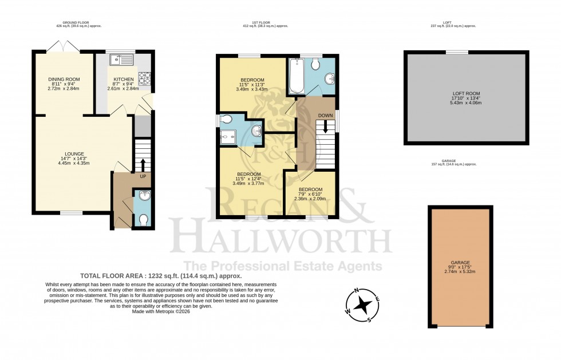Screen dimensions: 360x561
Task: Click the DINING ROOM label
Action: tap(64, 79)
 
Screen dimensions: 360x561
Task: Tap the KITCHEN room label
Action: tap(124, 79)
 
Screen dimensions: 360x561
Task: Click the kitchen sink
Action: tap(123, 58)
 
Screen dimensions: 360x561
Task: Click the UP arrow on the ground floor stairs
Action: tap(143, 165)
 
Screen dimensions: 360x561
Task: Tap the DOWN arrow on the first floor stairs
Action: tap(326, 125)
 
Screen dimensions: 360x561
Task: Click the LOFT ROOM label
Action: tap(465, 93)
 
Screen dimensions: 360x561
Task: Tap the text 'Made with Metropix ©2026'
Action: tap(161, 311)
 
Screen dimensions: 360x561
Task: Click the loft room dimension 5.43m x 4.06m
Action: tap(465, 103)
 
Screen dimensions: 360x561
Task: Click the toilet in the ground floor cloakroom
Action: tap(143, 219)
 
